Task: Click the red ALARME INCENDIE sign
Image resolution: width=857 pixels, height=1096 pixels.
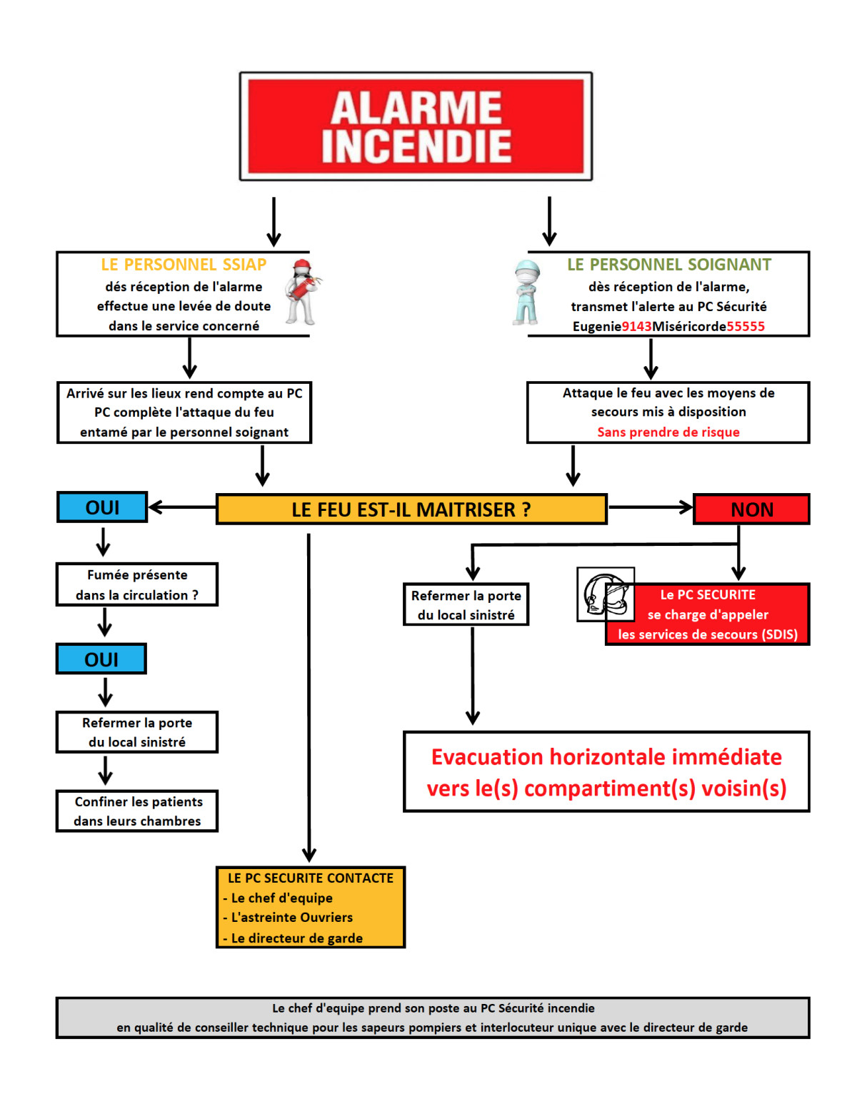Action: [416, 126]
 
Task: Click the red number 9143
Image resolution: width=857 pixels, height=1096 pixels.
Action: [636, 327]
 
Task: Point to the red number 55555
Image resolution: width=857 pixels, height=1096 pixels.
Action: [746, 327]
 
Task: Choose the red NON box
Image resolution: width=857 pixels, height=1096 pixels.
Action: [751, 509]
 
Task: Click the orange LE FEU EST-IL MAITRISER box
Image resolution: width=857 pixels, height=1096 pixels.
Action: [411, 509]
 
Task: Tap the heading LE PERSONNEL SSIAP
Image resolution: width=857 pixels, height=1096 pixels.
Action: [184, 265]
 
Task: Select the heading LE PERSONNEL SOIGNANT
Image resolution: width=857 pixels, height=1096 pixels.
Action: [669, 265]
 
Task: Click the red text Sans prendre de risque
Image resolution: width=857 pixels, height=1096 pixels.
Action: [668, 432]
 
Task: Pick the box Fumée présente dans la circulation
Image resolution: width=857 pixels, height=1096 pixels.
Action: [137, 585]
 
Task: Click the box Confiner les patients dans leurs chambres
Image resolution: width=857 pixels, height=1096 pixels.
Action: [137, 811]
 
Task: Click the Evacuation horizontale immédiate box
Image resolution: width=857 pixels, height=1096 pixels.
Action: [606, 772]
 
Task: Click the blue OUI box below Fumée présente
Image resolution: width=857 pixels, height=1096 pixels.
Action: [101, 659]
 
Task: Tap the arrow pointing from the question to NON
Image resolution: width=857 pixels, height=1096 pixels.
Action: [650, 507]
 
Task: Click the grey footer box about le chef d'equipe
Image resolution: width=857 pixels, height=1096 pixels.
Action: [433, 1018]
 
